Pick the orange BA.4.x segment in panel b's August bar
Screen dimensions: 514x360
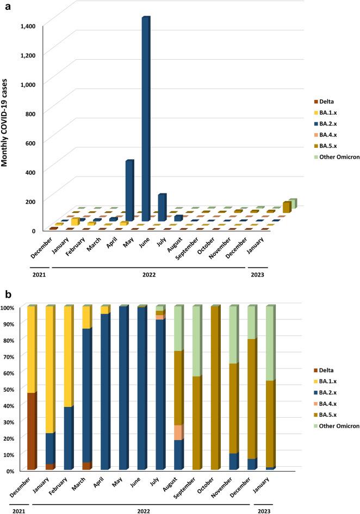point(179,432)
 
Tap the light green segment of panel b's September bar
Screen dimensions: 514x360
point(197,341)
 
